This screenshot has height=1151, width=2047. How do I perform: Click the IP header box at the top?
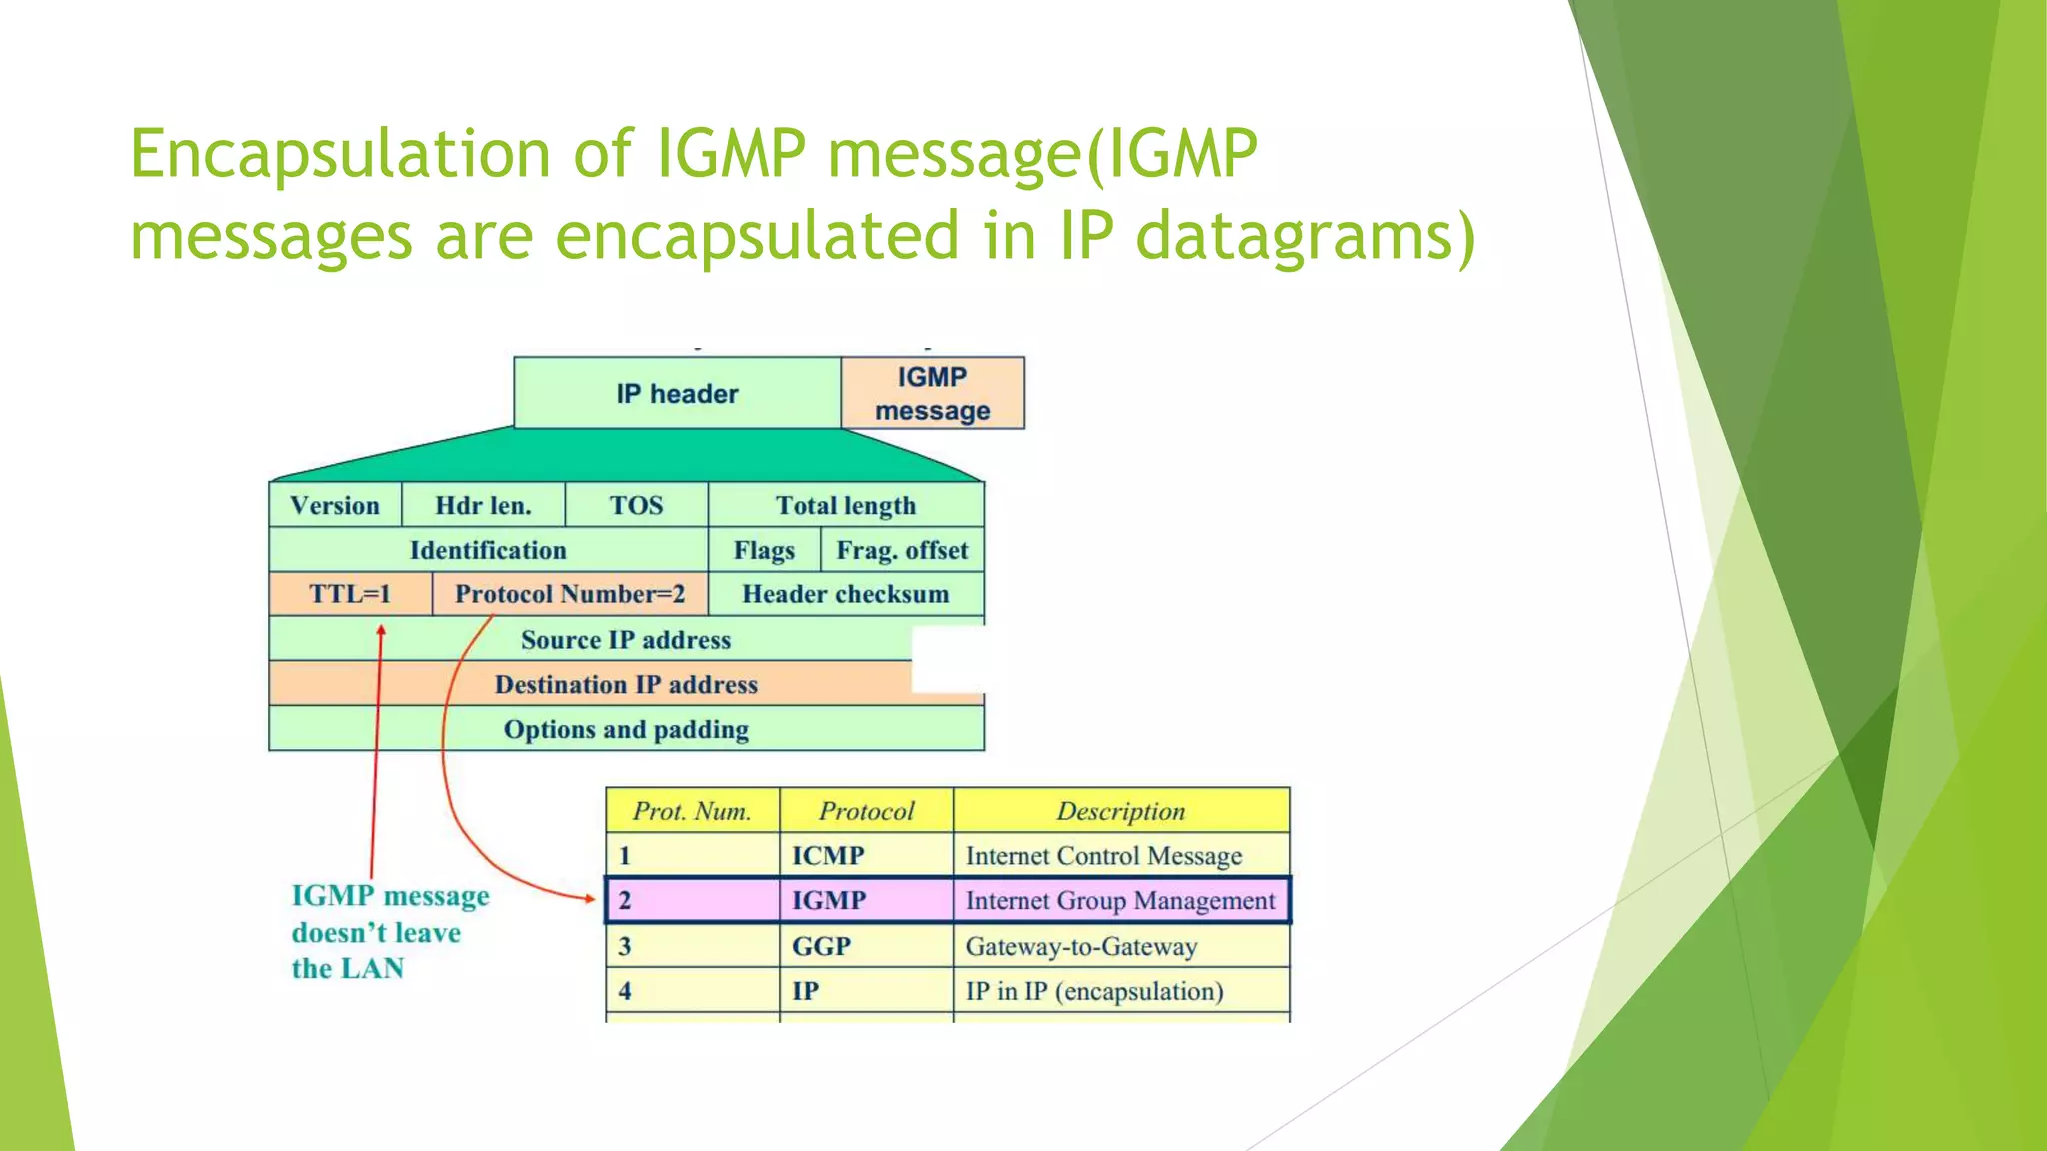677,393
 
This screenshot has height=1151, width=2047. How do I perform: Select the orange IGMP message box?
932,393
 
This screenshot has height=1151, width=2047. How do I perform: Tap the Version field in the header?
335,505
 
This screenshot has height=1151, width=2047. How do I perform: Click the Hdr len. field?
483,505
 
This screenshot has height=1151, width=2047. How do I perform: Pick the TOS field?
636,505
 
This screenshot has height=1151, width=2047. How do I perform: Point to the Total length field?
846,505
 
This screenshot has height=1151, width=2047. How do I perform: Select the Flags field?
764,550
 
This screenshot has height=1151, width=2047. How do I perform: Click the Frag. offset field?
902,550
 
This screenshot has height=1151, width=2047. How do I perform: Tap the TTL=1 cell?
350,594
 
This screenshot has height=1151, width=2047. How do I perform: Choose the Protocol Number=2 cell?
570,594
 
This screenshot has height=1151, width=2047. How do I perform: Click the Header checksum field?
846,594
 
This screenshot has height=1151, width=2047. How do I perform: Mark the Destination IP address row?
626,684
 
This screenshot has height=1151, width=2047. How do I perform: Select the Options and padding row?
626,729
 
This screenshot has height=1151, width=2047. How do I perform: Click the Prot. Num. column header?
692,811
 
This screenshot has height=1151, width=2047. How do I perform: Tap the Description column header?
1120,811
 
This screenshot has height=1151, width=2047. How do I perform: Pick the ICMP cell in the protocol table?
828,856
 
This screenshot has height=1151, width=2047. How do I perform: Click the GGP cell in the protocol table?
821,946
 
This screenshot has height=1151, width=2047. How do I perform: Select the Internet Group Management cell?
1120,901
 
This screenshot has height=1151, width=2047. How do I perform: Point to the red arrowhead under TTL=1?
381,630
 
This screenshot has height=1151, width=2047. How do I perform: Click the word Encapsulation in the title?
340,155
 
